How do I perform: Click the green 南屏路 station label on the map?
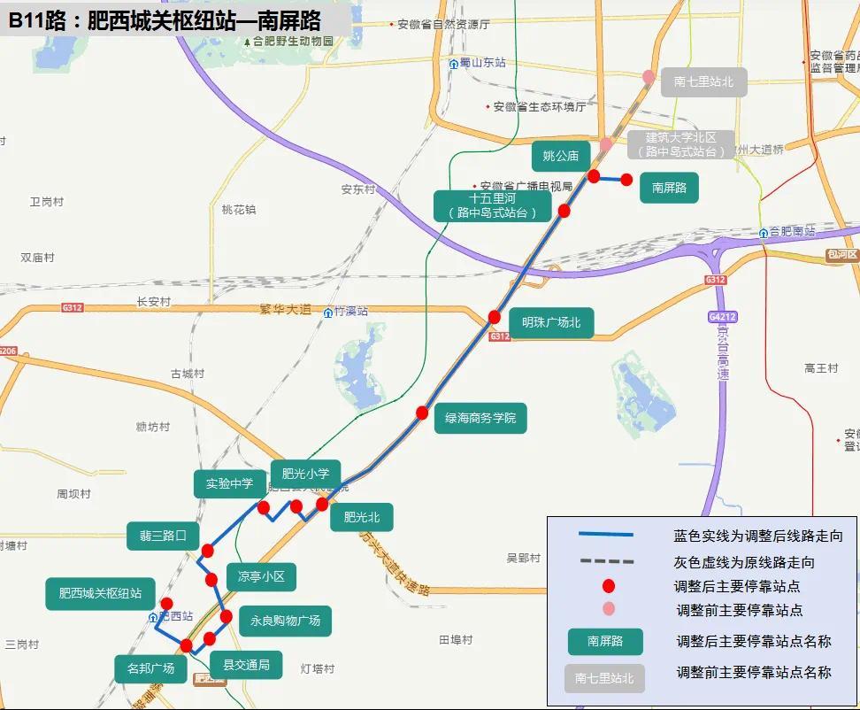(669, 188)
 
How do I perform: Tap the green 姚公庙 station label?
(560, 156)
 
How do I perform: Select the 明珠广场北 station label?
(551, 323)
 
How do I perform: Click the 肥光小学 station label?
(305, 474)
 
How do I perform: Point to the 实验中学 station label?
(230, 483)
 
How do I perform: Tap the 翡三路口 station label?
(163, 535)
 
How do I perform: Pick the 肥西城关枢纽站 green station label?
(100, 593)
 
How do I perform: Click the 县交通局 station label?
(246, 665)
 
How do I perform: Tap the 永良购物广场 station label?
(285, 621)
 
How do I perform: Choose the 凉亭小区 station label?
(261, 576)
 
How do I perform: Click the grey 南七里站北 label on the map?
(703, 82)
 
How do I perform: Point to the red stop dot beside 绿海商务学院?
(422, 413)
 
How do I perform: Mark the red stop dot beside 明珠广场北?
(495, 317)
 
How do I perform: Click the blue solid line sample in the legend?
(606, 535)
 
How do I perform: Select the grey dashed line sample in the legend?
(606, 561)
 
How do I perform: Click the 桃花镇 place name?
(239, 210)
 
